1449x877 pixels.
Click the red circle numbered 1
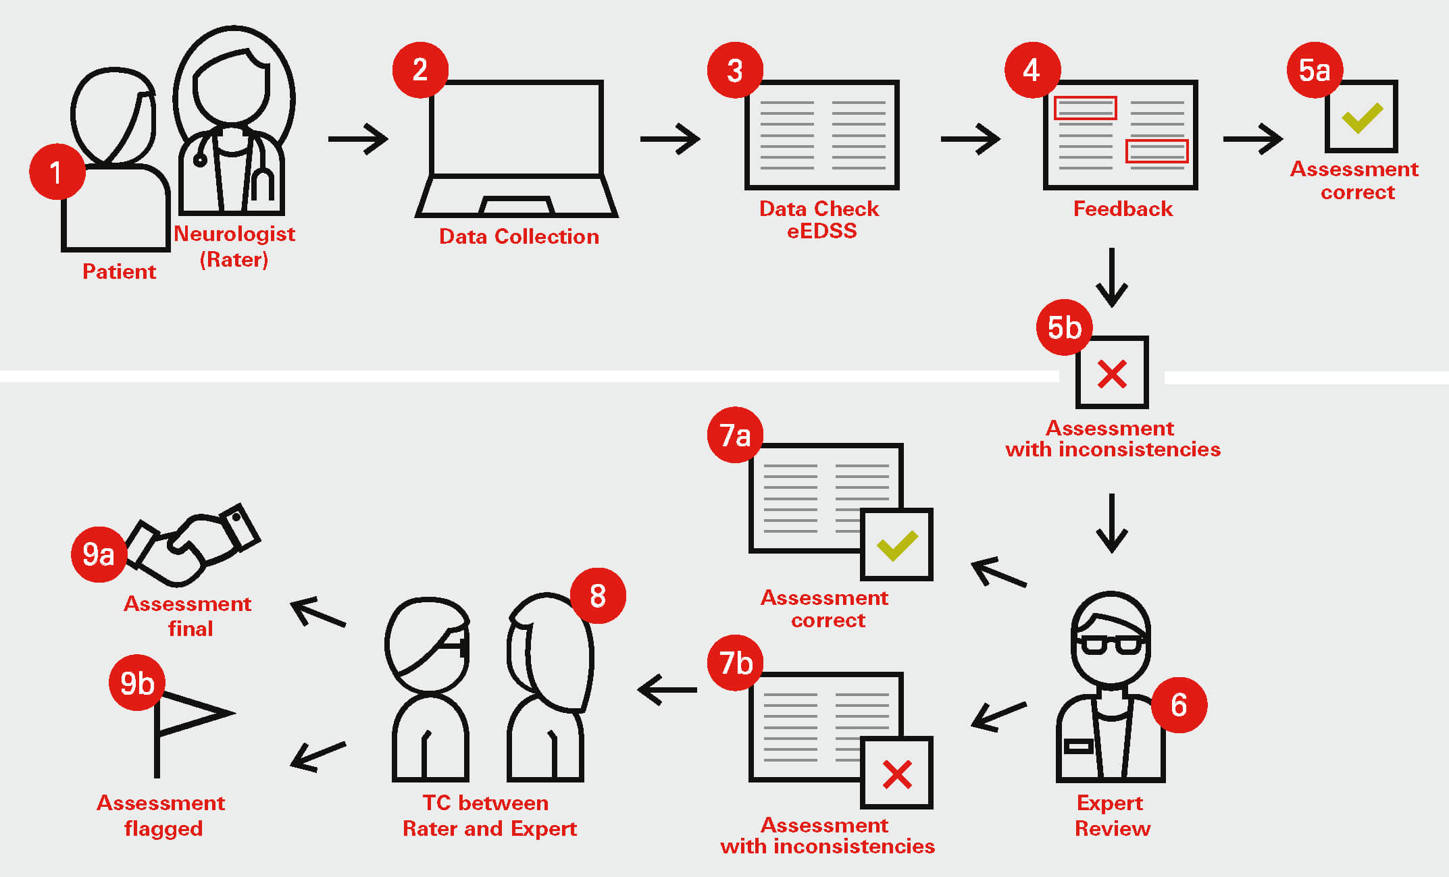click(x=57, y=171)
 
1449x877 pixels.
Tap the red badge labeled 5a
click(x=1315, y=70)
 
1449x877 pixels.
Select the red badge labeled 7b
click(x=735, y=662)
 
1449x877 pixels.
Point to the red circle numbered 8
click(x=598, y=595)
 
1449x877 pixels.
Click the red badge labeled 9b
click(x=137, y=683)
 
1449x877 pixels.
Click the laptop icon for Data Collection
click(x=517, y=149)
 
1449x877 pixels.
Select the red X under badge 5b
click(x=1112, y=374)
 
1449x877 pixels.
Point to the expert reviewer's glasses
click(x=1111, y=643)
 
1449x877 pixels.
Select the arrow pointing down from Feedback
click(x=1111, y=277)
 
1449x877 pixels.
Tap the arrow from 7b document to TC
click(x=667, y=689)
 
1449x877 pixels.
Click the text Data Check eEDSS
click(x=820, y=219)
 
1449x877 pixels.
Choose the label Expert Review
click(x=1111, y=816)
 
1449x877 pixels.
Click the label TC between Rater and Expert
click(x=489, y=816)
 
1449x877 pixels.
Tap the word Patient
click(x=119, y=271)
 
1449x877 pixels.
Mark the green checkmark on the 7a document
click(x=896, y=545)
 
